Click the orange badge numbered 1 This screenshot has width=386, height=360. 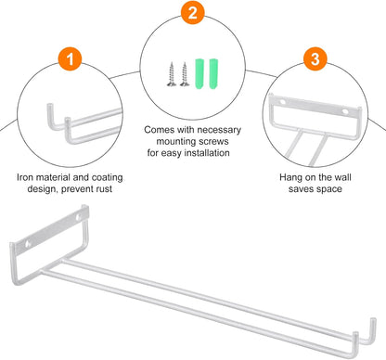(x=70, y=58)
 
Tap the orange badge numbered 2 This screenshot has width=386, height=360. (x=192, y=12)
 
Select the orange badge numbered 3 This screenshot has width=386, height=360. (x=315, y=58)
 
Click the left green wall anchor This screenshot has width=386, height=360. (x=200, y=73)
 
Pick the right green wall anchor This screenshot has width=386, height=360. (x=213, y=73)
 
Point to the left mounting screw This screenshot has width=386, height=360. (x=172, y=74)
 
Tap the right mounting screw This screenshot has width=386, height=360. (x=185, y=74)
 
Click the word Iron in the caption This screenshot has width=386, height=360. (x=25, y=177)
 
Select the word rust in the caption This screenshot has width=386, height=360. (x=104, y=189)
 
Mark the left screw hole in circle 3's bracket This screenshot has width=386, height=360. (x=283, y=102)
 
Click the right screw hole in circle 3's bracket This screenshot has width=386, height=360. (x=345, y=111)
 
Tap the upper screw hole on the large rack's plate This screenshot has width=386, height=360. (x=79, y=216)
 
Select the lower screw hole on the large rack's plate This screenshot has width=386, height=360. (x=28, y=244)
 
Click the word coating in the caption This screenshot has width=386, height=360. (x=107, y=178)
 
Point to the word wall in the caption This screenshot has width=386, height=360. (x=343, y=177)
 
